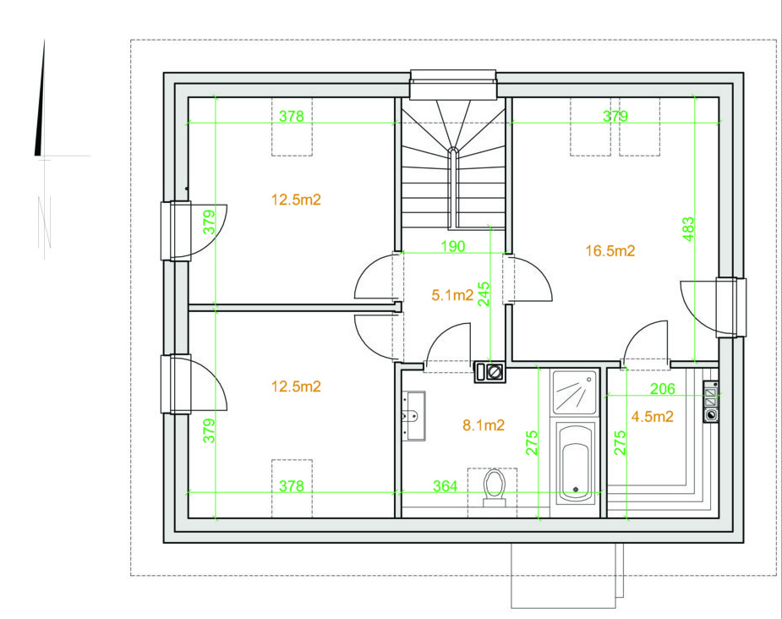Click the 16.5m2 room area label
(610, 250)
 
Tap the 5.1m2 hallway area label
(452, 295)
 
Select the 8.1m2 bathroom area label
(484, 425)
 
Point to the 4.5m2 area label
(653, 417)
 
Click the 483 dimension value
(688, 229)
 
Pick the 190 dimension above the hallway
(453, 246)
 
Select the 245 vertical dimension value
(484, 293)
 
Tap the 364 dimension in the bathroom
(445, 486)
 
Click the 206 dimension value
(662, 388)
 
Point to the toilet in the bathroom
(495, 487)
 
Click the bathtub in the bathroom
(576, 463)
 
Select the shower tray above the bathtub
(574, 392)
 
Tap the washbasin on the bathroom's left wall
(414, 416)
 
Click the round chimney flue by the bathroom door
(495, 372)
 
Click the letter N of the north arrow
(45, 222)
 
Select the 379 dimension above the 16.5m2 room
(615, 116)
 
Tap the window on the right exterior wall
(732, 307)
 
